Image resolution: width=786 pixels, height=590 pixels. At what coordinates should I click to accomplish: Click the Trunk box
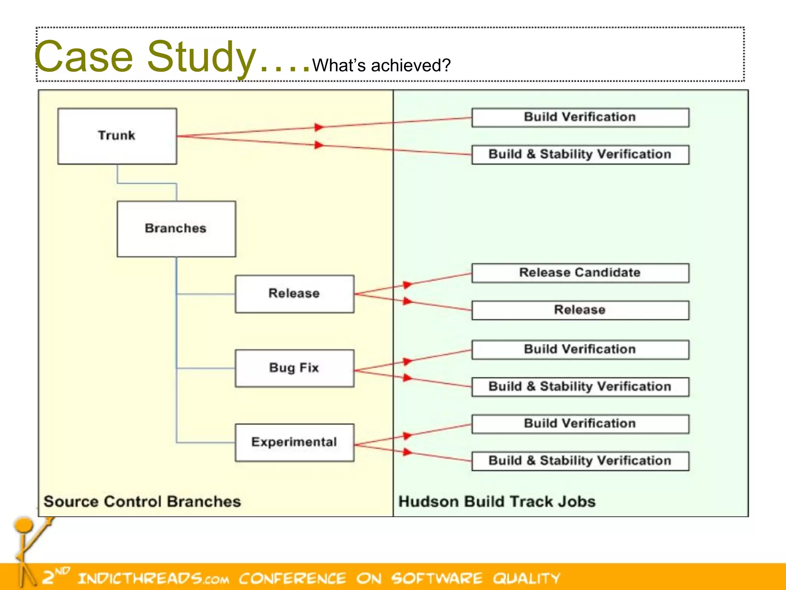tap(117, 136)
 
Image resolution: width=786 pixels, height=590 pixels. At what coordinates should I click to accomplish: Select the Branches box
tap(176, 229)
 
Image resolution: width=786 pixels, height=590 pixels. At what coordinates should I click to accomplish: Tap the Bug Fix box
tap(294, 368)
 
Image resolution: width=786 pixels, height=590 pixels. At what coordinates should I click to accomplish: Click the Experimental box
tap(294, 442)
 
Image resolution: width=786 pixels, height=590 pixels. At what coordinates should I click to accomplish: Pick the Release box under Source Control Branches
tap(294, 293)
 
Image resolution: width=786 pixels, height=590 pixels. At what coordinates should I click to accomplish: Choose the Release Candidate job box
tap(580, 273)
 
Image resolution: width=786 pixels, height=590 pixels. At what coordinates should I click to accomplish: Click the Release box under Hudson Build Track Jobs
tap(580, 310)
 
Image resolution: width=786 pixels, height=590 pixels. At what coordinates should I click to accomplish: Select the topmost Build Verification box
tap(580, 117)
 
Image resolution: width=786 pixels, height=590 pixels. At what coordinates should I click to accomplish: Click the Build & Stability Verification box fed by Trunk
tap(580, 154)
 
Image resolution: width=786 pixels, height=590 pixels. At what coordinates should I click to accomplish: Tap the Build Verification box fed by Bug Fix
tap(580, 350)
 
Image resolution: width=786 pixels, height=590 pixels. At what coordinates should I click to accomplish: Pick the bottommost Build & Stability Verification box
tap(580, 461)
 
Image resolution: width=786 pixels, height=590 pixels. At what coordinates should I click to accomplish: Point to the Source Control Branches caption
tap(142, 502)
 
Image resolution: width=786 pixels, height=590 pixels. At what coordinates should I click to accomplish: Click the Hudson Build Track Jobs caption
tap(497, 502)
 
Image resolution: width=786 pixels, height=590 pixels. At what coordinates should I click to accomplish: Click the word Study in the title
tap(201, 57)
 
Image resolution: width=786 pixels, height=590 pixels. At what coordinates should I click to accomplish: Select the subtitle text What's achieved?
tap(381, 65)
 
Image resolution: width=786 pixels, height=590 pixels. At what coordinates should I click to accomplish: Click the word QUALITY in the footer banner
tap(527, 578)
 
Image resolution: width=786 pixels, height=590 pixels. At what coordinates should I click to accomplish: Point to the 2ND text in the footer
tap(56, 575)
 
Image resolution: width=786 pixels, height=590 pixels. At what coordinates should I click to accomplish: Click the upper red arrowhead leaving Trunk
tap(319, 127)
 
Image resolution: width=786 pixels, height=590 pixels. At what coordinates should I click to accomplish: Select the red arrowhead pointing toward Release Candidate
tap(407, 285)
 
